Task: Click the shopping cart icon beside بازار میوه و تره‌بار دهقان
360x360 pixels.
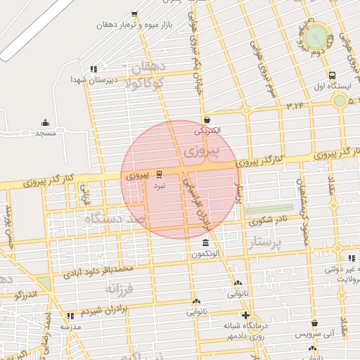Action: pyautogui.click(x=135, y=13)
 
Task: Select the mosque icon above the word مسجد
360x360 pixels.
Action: pyautogui.click(x=46, y=122)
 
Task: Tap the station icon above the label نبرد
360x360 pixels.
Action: pyautogui.click(x=159, y=173)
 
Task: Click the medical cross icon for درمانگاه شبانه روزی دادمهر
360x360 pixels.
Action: pyautogui.click(x=245, y=315)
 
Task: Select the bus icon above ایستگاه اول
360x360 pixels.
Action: pyautogui.click(x=332, y=76)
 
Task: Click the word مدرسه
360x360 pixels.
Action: pyautogui.click(x=70, y=327)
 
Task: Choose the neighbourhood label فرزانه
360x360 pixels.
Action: pyautogui.click(x=120, y=288)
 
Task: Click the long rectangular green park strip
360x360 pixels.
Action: pyautogui.click(x=269, y=210)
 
